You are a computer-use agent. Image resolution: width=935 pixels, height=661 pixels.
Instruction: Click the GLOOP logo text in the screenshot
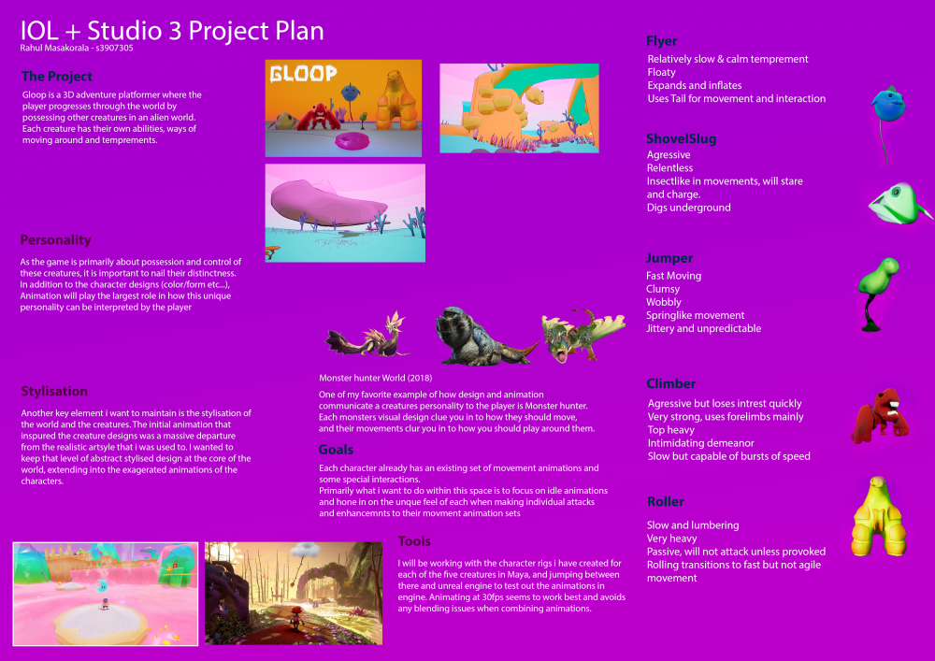(x=304, y=73)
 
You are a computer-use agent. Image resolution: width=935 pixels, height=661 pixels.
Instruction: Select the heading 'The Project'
(x=57, y=77)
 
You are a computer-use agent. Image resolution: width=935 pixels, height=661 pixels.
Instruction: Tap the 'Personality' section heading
(x=55, y=240)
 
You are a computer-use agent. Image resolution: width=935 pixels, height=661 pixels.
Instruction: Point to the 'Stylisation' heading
(x=54, y=392)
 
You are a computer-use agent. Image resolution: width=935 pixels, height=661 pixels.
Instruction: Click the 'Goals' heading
(x=336, y=450)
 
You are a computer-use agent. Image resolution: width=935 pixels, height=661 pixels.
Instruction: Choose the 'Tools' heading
(x=414, y=541)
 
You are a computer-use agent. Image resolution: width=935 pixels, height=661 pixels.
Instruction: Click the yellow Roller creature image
(x=878, y=516)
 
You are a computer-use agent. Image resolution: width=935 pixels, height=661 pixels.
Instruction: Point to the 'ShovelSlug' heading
(x=681, y=139)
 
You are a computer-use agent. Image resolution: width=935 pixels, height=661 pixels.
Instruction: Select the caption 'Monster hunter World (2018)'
(x=376, y=378)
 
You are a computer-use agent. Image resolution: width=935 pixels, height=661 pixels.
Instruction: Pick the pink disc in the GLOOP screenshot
(x=352, y=141)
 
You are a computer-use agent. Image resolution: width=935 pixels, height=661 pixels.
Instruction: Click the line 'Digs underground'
(x=689, y=208)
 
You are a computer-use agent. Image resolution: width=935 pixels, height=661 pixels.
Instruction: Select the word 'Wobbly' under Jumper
(x=664, y=302)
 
